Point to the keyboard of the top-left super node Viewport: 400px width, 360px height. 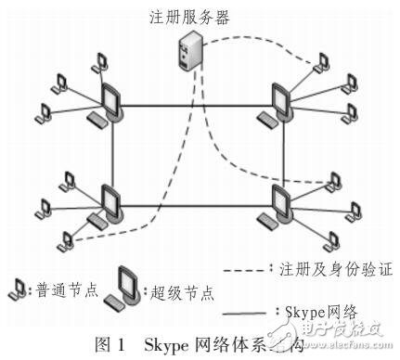click(x=97, y=120)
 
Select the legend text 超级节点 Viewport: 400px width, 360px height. click(x=181, y=293)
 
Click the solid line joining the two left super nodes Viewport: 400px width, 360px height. click(x=113, y=153)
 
